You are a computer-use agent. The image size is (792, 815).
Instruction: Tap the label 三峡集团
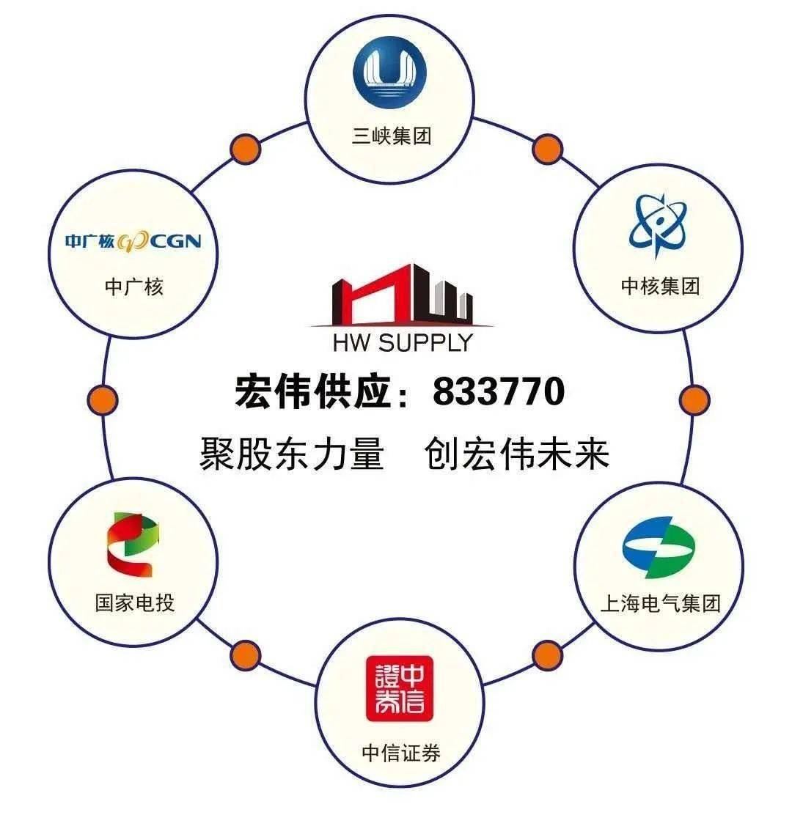pyautogui.click(x=392, y=136)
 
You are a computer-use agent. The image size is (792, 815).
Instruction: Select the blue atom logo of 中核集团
pyautogui.click(x=658, y=224)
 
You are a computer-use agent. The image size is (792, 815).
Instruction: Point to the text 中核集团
pyautogui.click(x=661, y=286)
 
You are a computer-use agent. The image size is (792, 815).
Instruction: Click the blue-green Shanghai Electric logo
pyautogui.click(x=659, y=547)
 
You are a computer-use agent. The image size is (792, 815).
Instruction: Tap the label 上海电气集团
pyautogui.click(x=661, y=603)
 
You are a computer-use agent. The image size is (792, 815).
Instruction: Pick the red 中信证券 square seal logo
pyautogui.click(x=400, y=688)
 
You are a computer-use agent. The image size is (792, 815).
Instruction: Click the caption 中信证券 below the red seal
pyautogui.click(x=401, y=753)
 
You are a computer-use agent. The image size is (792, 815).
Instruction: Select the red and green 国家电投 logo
pyautogui.click(x=133, y=545)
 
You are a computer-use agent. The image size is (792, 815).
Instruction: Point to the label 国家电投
pyautogui.click(x=135, y=603)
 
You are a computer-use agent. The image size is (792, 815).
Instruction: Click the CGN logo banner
pyautogui.click(x=133, y=241)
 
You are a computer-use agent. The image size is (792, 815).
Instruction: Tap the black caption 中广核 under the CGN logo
pyautogui.click(x=134, y=287)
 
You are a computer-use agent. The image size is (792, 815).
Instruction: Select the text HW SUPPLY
pyautogui.click(x=403, y=342)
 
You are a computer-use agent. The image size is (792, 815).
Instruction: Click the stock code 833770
pyautogui.click(x=499, y=391)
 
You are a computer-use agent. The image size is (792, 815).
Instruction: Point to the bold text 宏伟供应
pyautogui.click(x=312, y=391)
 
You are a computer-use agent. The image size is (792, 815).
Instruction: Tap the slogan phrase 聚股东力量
pyautogui.click(x=292, y=454)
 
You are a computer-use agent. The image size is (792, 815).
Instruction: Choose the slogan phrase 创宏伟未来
pyautogui.click(x=517, y=454)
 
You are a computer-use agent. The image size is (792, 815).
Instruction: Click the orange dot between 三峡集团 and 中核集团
pyautogui.click(x=547, y=150)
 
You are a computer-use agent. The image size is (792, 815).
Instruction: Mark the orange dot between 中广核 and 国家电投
pyautogui.click(x=103, y=399)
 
